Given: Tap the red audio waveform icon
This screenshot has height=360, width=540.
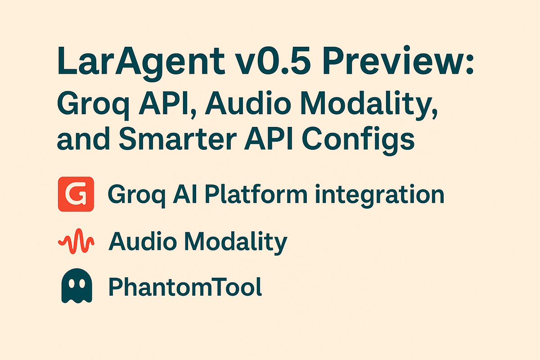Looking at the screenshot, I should coord(76,242).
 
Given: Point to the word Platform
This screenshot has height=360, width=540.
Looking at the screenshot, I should coord(242,195).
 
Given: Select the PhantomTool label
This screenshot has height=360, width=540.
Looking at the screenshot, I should coord(185,288).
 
